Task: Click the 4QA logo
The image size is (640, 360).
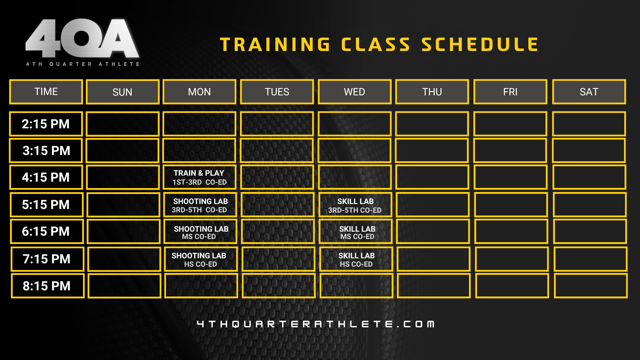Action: (82, 38)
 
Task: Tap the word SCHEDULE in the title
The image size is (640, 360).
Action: (480, 45)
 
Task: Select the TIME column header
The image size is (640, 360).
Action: (46, 92)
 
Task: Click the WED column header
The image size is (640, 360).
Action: (355, 92)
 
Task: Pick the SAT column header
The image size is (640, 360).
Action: (589, 92)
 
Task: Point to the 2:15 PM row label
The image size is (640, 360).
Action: (46, 124)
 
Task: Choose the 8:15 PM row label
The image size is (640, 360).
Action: (48, 286)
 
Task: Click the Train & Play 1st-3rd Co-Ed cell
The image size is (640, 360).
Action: (200, 177)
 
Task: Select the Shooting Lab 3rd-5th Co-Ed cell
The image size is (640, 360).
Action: (200, 205)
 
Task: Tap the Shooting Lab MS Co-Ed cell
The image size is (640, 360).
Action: (201, 232)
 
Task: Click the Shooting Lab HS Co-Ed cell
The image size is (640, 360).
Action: (201, 259)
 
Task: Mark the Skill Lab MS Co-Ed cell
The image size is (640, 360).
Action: (356, 232)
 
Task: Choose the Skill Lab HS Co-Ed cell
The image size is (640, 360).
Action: (356, 259)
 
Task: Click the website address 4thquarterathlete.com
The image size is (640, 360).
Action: (316, 324)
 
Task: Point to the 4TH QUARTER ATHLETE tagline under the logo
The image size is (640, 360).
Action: (83, 64)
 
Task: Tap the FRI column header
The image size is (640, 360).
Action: (510, 92)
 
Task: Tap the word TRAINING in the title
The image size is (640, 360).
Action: (275, 45)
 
